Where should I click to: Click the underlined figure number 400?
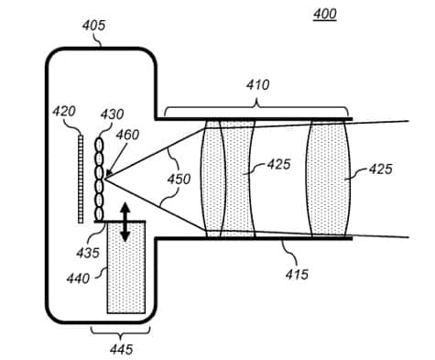click(x=325, y=14)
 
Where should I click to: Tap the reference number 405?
click(x=93, y=26)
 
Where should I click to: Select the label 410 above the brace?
click(x=258, y=85)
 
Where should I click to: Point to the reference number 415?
click(x=297, y=274)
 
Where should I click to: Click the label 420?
click(x=64, y=112)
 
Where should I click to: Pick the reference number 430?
click(x=112, y=115)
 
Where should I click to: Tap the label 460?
click(x=127, y=135)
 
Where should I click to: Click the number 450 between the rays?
click(x=179, y=179)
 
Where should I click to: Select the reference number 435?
click(x=88, y=253)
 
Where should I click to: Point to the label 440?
click(x=78, y=278)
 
